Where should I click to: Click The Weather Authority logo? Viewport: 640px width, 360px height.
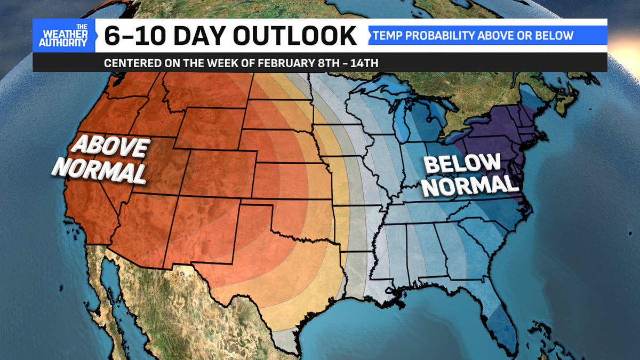[x=63, y=36]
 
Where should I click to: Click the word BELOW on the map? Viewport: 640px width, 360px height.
[x=462, y=164]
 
